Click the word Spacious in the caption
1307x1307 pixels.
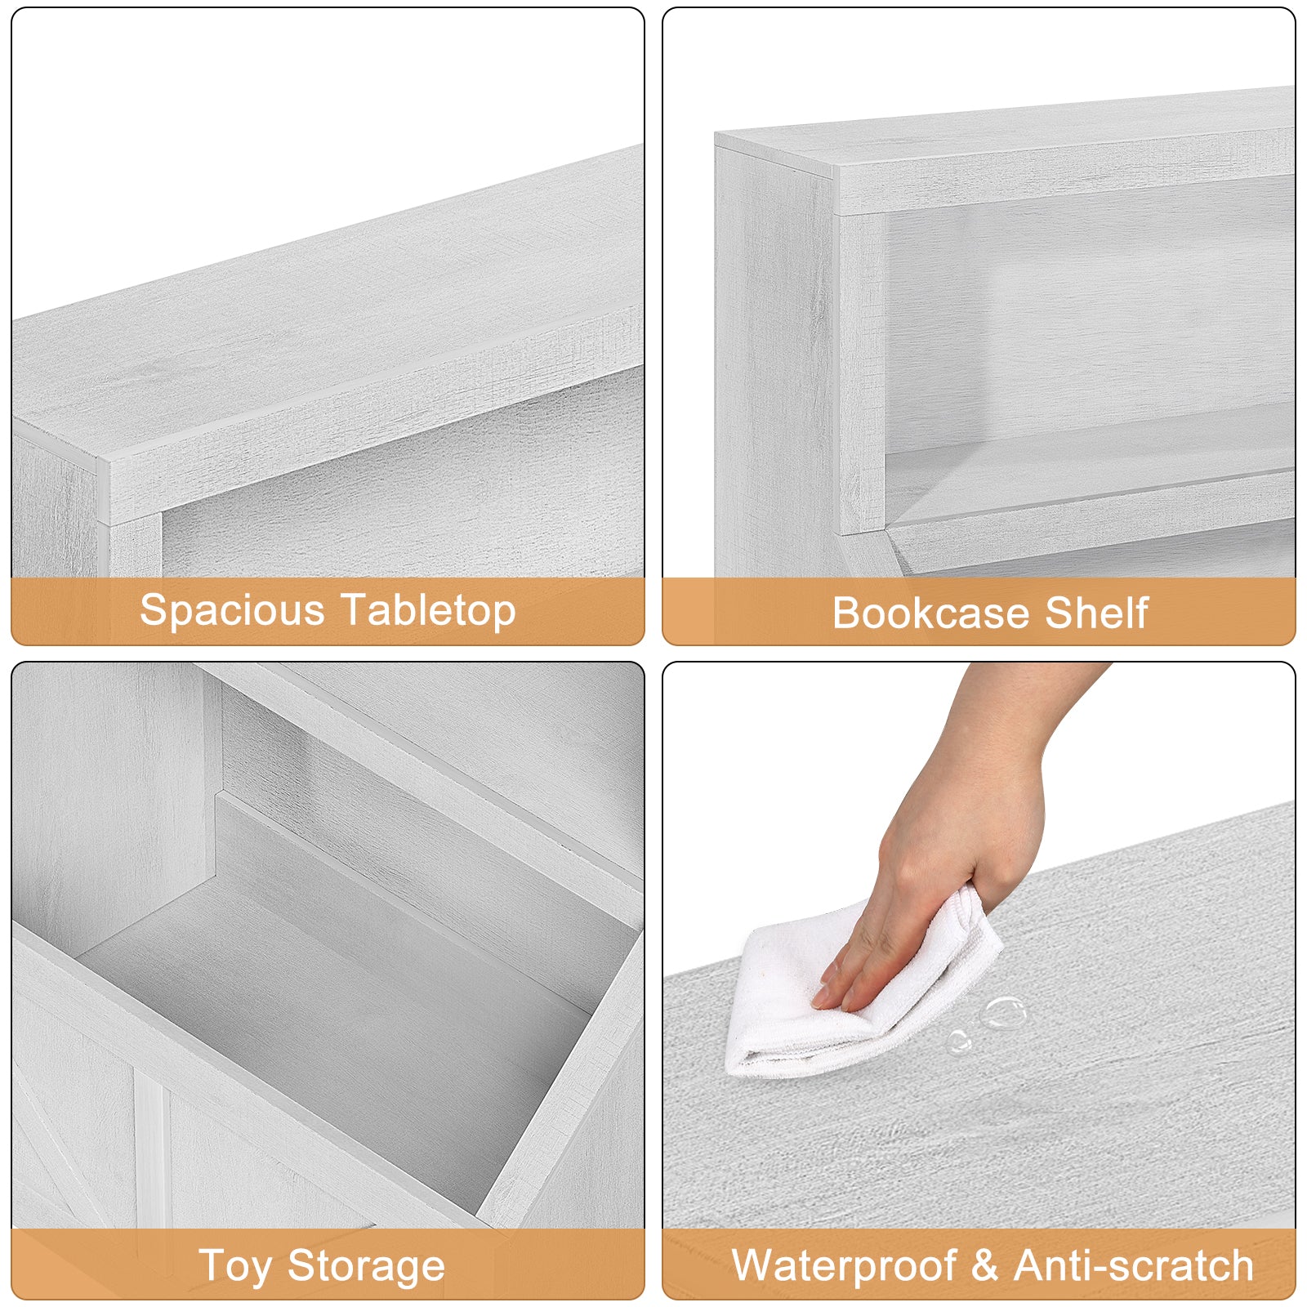coord(233,610)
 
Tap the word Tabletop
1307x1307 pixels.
coord(429,610)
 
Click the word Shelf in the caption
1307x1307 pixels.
coord(1096,613)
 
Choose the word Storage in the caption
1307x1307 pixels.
coord(367,1268)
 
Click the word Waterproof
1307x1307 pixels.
coord(844,1265)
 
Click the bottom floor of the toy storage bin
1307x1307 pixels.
coord(327,1037)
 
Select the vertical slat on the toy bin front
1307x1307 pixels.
coord(151,1160)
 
